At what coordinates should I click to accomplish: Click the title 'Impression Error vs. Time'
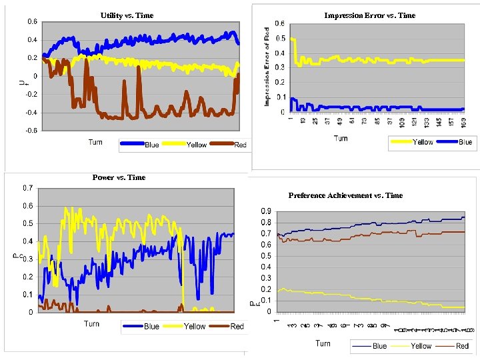coord(369,15)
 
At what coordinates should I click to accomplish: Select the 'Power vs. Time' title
coord(119,177)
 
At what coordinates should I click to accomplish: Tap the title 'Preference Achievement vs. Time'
coord(345,195)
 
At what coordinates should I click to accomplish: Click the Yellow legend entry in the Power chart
coord(187,327)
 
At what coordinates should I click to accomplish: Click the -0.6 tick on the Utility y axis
coord(31,131)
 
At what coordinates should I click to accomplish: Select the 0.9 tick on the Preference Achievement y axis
coord(265,211)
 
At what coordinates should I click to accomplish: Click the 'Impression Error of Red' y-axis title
coord(266,67)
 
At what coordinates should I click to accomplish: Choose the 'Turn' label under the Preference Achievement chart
coord(323,343)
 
